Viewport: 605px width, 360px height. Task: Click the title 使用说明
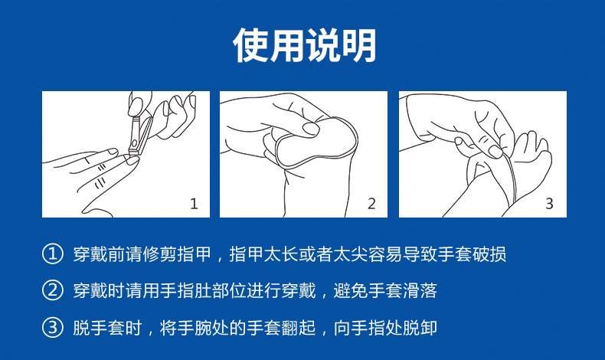[x=305, y=45]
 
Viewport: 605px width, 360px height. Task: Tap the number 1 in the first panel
[x=194, y=203]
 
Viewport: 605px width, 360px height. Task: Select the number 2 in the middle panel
[x=371, y=203]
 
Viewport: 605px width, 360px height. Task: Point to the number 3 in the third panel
[x=549, y=203]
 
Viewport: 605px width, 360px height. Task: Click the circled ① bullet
[x=53, y=254]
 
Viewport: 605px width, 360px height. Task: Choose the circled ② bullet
[x=53, y=290]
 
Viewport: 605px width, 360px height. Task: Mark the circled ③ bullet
[x=53, y=328]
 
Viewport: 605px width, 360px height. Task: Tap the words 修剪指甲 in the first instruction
[x=177, y=254]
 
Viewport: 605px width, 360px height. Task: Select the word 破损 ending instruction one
[x=489, y=254]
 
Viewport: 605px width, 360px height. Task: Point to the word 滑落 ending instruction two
[x=420, y=290]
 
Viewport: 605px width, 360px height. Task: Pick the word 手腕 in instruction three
[x=195, y=328]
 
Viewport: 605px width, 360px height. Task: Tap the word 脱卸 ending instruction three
[x=420, y=328]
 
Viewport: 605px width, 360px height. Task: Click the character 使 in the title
[x=250, y=45]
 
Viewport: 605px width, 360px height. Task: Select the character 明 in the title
[x=359, y=45]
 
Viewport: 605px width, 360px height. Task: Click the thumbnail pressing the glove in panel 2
[x=310, y=129]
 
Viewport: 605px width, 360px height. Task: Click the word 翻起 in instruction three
[x=299, y=328]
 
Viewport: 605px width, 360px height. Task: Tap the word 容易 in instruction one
[x=385, y=254]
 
